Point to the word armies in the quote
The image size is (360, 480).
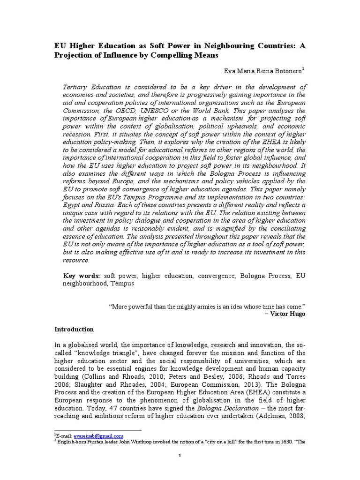click(x=200, y=306)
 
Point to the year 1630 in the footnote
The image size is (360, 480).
click(x=277, y=442)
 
